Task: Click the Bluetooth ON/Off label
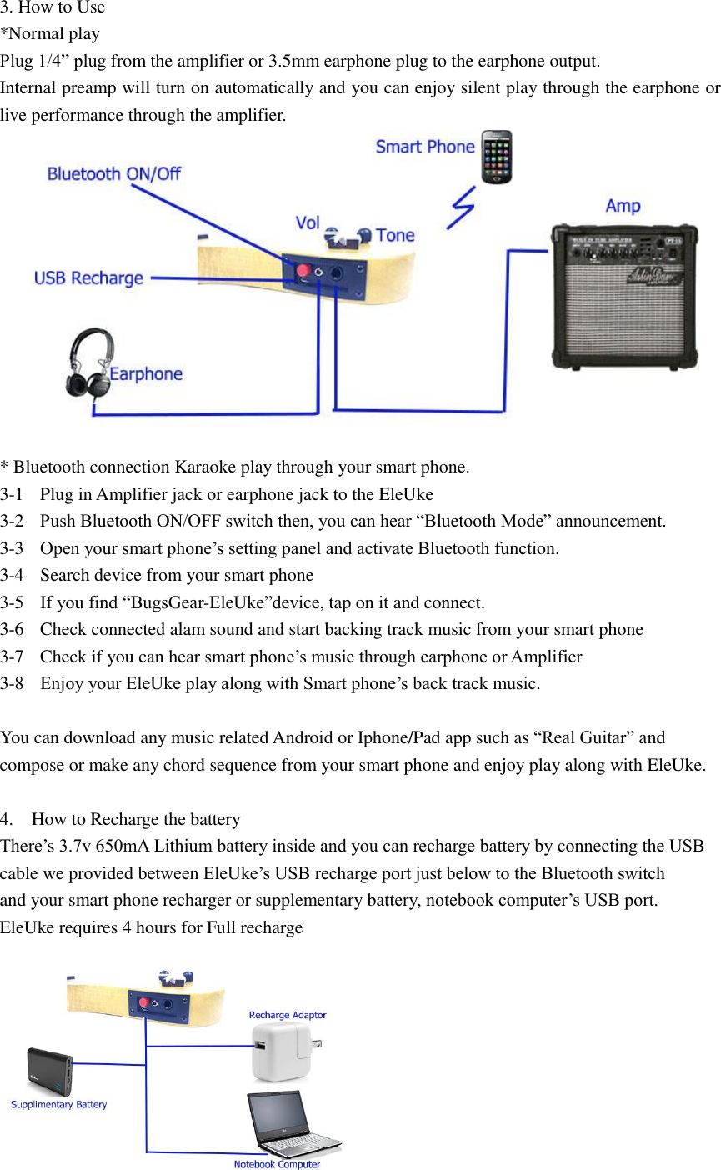113,174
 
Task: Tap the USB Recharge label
88,278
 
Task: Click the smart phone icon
497,157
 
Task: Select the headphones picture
88,362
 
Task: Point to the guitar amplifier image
624,296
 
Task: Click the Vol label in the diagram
308,222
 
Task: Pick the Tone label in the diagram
395,236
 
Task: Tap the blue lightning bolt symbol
461,206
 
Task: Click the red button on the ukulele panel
303,271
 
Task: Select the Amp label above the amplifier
623,206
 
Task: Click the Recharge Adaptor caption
288,1015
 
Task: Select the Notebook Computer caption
277,1164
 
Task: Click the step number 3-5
12,602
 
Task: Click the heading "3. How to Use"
53,7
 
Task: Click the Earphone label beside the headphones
146,374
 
